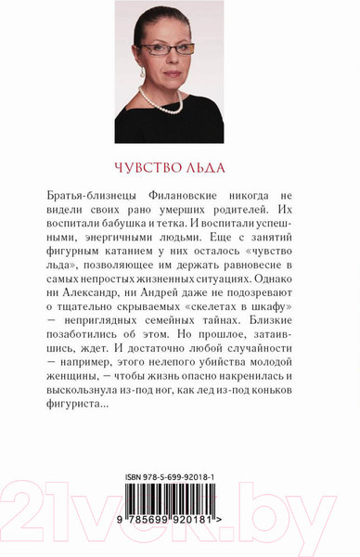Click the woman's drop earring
click(142, 72)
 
